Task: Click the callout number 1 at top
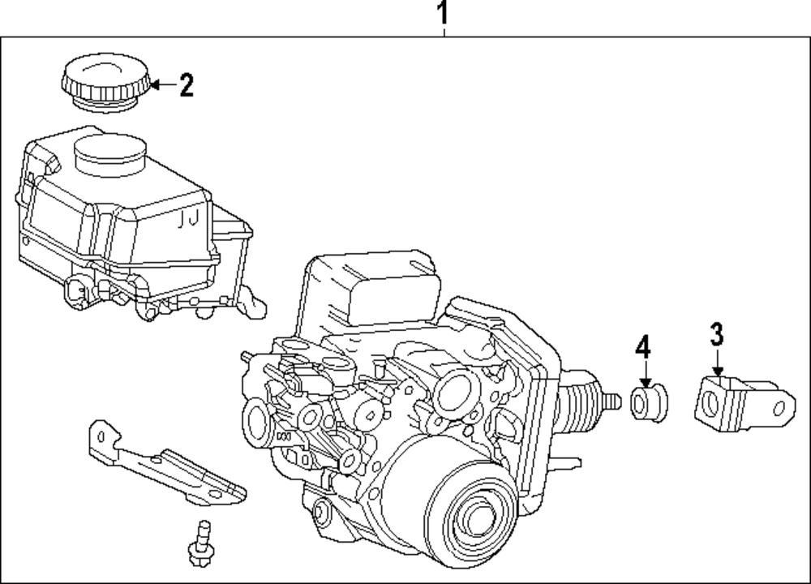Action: click(x=443, y=13)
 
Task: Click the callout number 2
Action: click(x=187, y=84)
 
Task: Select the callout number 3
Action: click(x=716, y=333)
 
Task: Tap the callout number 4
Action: click(x=642, y=347)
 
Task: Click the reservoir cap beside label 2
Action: click(x=106, y=81)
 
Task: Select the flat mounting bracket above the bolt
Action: click(x=162, y=466)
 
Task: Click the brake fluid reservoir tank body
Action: click(x=122, y=219)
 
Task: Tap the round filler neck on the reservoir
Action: click(x=109, y=154)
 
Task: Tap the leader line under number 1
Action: click(x=444, y=32)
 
